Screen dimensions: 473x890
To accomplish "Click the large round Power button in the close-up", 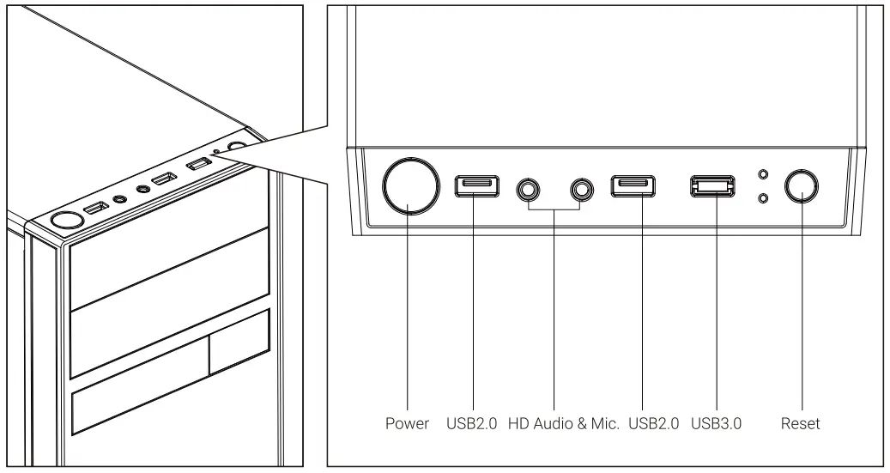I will coord(408,186).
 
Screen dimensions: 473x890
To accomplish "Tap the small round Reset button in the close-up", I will coord(801,185).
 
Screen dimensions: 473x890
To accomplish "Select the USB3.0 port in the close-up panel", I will coord(712,186).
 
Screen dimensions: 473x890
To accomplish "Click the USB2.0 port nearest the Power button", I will coord(476,186).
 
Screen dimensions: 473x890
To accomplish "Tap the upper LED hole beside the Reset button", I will coord(763,174).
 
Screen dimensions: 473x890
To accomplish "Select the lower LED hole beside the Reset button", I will coord(763,199).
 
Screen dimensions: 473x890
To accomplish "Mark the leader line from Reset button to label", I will coord(801,309).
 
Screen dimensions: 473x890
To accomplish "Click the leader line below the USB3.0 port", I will coord(713,309).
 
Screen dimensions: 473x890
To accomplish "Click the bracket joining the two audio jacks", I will coord(554,209).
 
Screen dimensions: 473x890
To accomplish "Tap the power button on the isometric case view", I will coord(64,221).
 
